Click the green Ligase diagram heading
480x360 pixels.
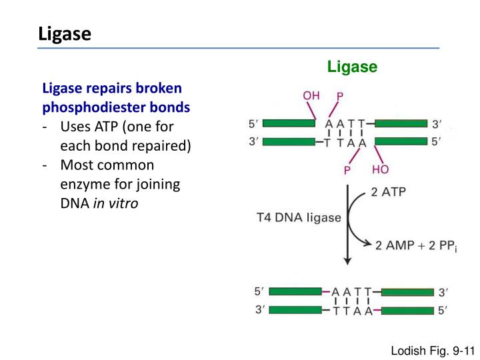tap(352, 67)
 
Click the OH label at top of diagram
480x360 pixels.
tap(311, 95)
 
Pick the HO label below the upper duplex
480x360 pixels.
tap(381, 170)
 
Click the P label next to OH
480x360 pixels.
tap(340, 97)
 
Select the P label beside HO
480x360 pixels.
tap(348, 171)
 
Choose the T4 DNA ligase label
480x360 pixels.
tap(299, 217)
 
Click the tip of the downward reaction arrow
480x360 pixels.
tap(347, 263)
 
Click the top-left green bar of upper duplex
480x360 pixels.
tap(290, 123)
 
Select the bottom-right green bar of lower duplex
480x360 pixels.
tap(406, 310)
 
